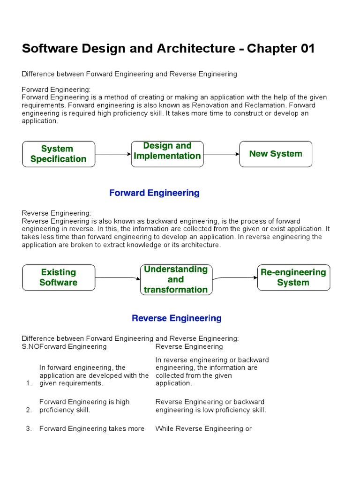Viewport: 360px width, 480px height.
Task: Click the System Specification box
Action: (59, 154)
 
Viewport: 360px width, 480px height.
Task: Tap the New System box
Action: (276, 154)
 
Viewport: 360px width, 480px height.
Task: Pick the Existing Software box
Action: (59, 277)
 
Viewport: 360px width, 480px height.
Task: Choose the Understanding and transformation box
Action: (176, 280)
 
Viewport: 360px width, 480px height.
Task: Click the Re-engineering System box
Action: (293, 277)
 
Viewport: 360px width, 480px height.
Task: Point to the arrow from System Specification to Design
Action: (113, 154)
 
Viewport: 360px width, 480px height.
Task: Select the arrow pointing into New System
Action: (222, 154)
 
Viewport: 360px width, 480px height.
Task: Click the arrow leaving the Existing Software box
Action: (117, 278)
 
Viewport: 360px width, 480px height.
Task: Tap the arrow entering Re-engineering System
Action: (234, 277)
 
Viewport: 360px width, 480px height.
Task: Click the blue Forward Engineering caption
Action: (154, 193)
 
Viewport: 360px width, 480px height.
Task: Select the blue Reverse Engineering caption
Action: (176, 319)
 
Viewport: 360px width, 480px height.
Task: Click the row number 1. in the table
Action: (29, 383)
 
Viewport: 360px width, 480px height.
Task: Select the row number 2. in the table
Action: (29, 410)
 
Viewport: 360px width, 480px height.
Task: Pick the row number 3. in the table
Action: (29, 429)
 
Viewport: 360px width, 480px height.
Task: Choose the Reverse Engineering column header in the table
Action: (189, 347)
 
